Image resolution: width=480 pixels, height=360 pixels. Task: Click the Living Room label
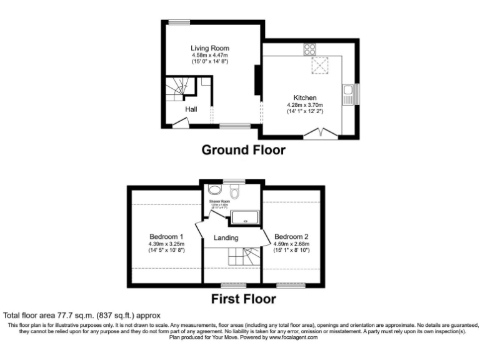(x=210, y=48)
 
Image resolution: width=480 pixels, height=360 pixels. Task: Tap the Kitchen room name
(x=306, y=97)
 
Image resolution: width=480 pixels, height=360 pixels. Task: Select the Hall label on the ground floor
(x=191, y=109)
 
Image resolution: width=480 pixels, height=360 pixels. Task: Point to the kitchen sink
(x=348, y=95)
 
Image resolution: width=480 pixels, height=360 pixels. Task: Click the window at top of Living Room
(x=178, y=24)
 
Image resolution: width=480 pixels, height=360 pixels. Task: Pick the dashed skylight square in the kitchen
(x=319, y=65)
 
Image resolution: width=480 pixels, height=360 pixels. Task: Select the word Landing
(x=226, y=237)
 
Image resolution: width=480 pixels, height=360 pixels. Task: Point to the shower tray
(x=245, y=217)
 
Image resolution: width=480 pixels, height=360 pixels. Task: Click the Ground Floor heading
(x=243, y=150)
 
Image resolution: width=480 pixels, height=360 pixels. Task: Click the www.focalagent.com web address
(x=294, y=337)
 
